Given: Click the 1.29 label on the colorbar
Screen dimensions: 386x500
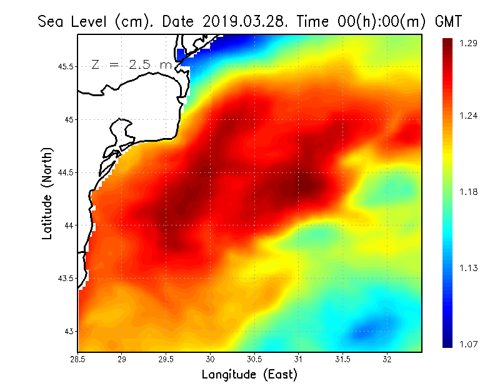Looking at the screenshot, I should point(468,43).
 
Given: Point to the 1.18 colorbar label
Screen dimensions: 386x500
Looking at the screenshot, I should point(468,192).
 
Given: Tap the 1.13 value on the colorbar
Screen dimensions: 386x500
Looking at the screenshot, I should point(468,268).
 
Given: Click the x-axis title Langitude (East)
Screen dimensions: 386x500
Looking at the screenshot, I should point(249,375).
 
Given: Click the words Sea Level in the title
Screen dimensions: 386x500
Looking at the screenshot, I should point(74,21).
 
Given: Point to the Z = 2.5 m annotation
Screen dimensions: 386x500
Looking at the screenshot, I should point(131,64).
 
